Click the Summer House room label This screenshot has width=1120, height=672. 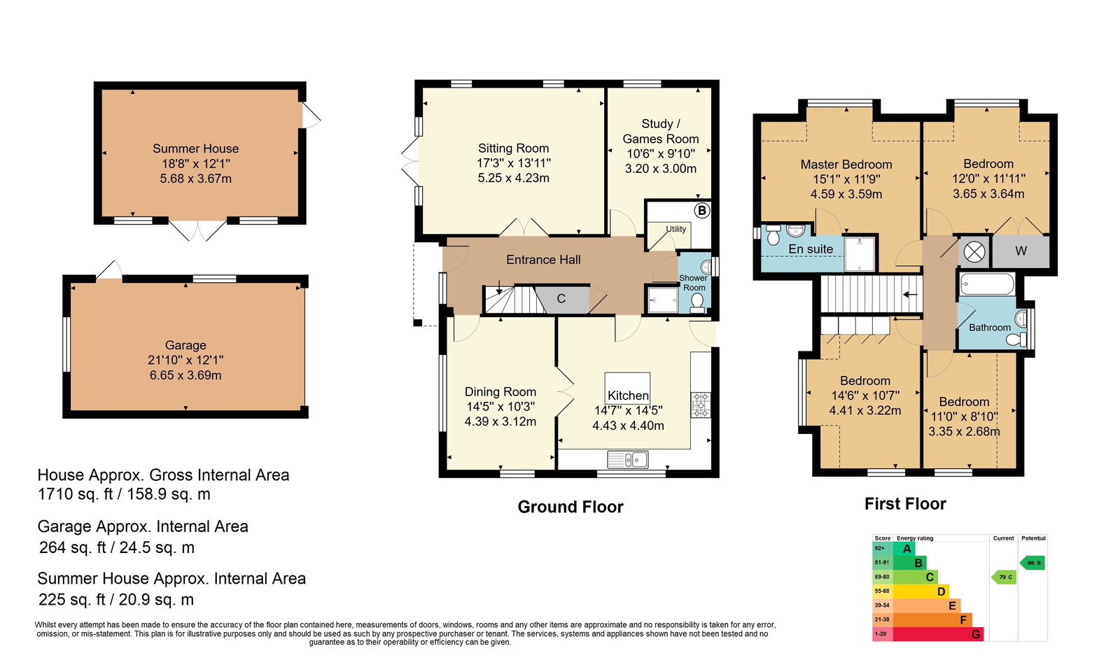[195, 148]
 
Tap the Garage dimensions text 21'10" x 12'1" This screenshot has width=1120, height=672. [185, 360]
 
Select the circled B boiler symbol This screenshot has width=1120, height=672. [702, 211]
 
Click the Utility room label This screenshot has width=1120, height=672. [675, 229]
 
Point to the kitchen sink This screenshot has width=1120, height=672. [627, 459]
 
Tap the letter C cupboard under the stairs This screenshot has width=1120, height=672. [561, 299]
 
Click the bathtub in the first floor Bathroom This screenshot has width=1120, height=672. [987, 285]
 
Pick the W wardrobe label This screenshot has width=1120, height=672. [1021, 251]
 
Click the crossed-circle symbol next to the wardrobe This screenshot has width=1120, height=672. [974, 252]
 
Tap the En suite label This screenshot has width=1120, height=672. [811, 249]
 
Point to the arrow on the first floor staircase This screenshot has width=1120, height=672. [910, 295]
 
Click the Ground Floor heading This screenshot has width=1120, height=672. [570, 507]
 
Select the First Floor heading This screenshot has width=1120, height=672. [906, 504]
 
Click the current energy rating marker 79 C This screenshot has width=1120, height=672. [1004, 577]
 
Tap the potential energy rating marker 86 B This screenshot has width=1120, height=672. [1032, 563]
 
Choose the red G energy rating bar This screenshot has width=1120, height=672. [938, 634]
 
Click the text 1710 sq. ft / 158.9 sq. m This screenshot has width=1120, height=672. [124, 494]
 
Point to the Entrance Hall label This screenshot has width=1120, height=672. [543, 260]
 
